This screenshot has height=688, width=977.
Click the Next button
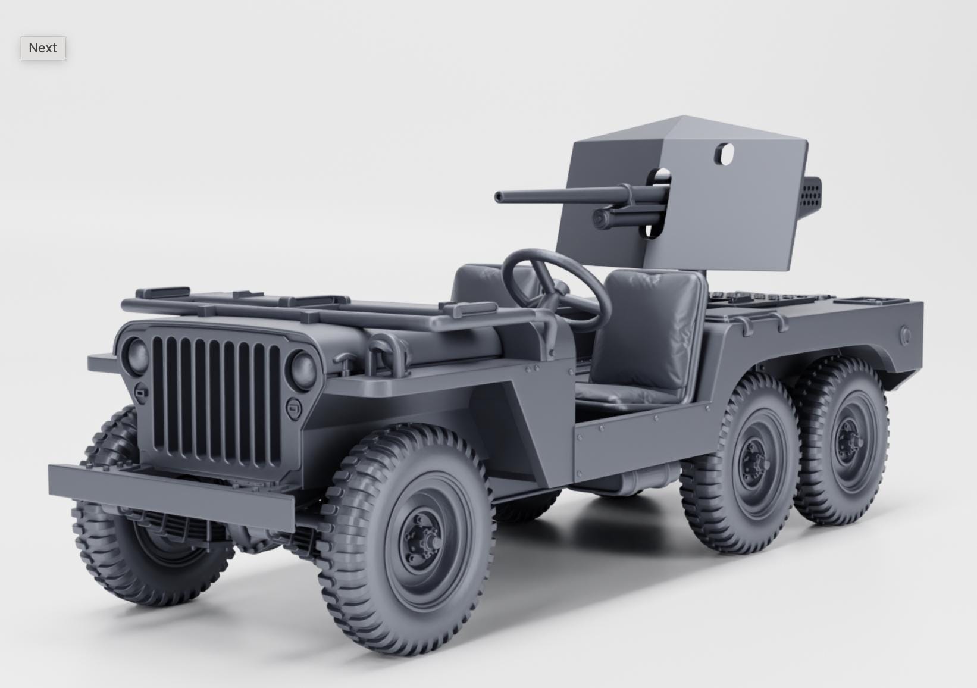43,48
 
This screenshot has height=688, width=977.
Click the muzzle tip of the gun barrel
498,197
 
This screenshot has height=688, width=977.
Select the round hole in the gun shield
725,154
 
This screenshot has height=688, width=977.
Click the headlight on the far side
137,355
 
